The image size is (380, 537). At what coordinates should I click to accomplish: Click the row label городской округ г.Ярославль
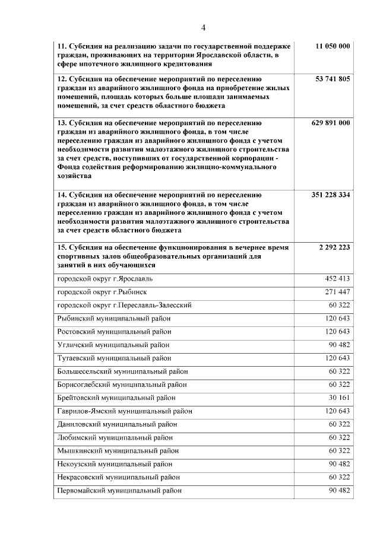tap(104, 278)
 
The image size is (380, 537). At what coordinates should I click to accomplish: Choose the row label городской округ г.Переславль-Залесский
tap(124, 305)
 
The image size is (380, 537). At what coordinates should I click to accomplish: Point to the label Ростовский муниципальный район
tap(115, 332)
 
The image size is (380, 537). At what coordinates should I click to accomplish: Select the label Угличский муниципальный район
tap(113, 345)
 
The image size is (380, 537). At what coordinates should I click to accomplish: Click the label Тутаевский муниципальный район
tap(114, 358)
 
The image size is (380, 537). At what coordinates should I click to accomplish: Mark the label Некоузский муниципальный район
tap(115, 464)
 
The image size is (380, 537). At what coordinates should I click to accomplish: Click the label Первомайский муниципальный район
tap(119, 491)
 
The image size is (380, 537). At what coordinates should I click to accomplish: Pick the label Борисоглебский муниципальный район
tap(122, 385)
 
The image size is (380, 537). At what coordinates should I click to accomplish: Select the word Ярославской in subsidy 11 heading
tap(205, 55)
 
